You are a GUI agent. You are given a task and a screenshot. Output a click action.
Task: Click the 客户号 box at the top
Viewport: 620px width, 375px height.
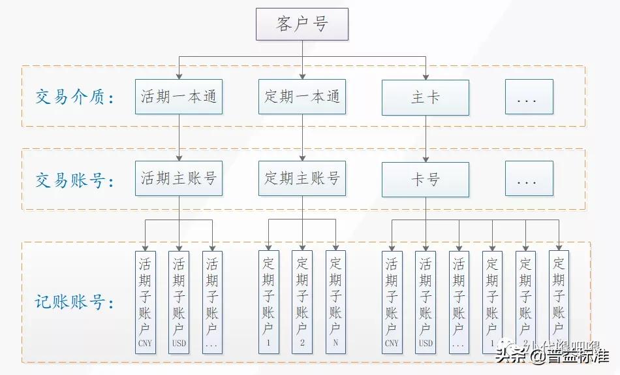[302, 24]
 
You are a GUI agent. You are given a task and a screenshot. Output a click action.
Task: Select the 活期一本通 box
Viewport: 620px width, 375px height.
[179, 97]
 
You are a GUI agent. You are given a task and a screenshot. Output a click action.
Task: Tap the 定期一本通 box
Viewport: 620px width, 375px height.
[302, 97]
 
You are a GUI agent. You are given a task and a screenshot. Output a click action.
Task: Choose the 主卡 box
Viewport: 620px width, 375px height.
[426, 97]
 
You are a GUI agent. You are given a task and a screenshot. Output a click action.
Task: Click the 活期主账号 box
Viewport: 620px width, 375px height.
[179, 178]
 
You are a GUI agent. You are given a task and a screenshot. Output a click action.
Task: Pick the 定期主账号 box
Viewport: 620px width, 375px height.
[302, 178]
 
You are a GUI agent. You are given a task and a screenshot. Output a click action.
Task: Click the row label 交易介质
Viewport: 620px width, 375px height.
[76, 98]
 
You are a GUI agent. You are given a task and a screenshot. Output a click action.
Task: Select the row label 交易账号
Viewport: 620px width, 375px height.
[76, 180]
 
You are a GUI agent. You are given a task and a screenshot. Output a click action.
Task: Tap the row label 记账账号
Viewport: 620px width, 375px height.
[76, 302]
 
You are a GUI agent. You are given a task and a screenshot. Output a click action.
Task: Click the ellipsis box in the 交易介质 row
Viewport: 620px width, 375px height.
[529, 97]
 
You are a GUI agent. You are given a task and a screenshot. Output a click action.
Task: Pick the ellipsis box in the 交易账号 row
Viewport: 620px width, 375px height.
[529, 179]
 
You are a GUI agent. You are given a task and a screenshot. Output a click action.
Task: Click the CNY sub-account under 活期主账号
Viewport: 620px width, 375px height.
[145, 302]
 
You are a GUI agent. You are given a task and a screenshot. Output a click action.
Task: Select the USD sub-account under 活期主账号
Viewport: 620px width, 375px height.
[179, 302]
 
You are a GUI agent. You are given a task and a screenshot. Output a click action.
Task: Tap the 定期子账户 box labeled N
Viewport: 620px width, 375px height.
[335, 302]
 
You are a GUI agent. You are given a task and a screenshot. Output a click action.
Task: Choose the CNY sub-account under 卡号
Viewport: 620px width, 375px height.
[392, 302]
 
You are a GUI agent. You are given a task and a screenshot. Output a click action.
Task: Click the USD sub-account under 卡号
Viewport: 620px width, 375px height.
[426, 302]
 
